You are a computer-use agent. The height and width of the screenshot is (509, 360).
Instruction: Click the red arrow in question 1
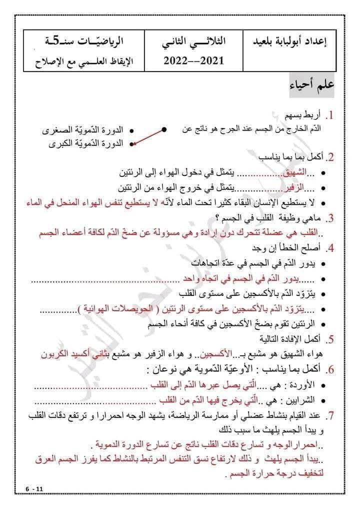coord(149,136)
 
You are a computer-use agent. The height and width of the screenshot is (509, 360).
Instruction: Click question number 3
coord(329,219)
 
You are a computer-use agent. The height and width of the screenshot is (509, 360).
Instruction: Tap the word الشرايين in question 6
coord(299,401)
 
